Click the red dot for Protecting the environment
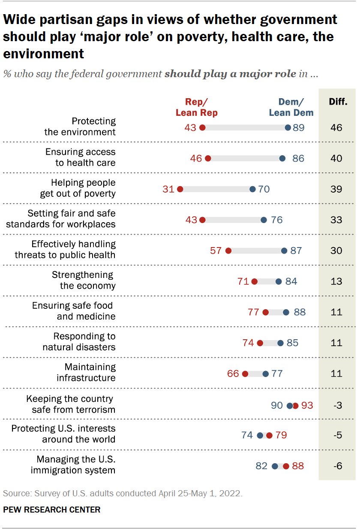[x=202, y=127]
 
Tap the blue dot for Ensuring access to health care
[x=282, y=158]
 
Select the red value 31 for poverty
[x=168, y=189]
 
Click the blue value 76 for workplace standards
[x=276, y=220]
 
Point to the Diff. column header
[x=338, y=102]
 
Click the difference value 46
[x=336, y=127]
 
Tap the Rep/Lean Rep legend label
[x=196, y=107]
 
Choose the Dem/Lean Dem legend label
[x=291, y=107]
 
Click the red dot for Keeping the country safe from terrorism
[x=295, y=405]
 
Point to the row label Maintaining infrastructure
[x=86, y=372]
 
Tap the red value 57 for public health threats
[x=216, y=250]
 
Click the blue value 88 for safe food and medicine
[x=300, y=312]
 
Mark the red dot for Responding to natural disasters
[x=260, y=343]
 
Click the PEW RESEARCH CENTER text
[x=51, y=510]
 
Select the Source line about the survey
[x=123, y=493]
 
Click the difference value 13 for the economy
[x=336, y=281]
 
